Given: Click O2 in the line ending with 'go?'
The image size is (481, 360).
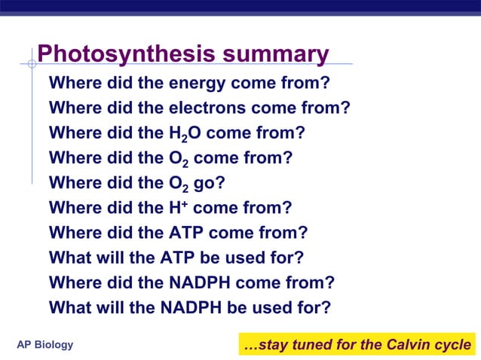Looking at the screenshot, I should coord(179,184).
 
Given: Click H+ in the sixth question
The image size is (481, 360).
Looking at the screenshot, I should coord(178,207).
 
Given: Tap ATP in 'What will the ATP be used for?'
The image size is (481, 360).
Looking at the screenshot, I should coord(179,258).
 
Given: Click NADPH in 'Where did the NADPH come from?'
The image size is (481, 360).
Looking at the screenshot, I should coord(201,282).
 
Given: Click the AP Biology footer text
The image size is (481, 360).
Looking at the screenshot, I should coord(45,345).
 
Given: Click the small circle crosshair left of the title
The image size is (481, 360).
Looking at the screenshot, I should coord(32,64).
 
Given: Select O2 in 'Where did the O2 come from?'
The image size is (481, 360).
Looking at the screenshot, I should coord(179,159).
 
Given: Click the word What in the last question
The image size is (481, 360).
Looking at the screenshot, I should coord(69,308).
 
